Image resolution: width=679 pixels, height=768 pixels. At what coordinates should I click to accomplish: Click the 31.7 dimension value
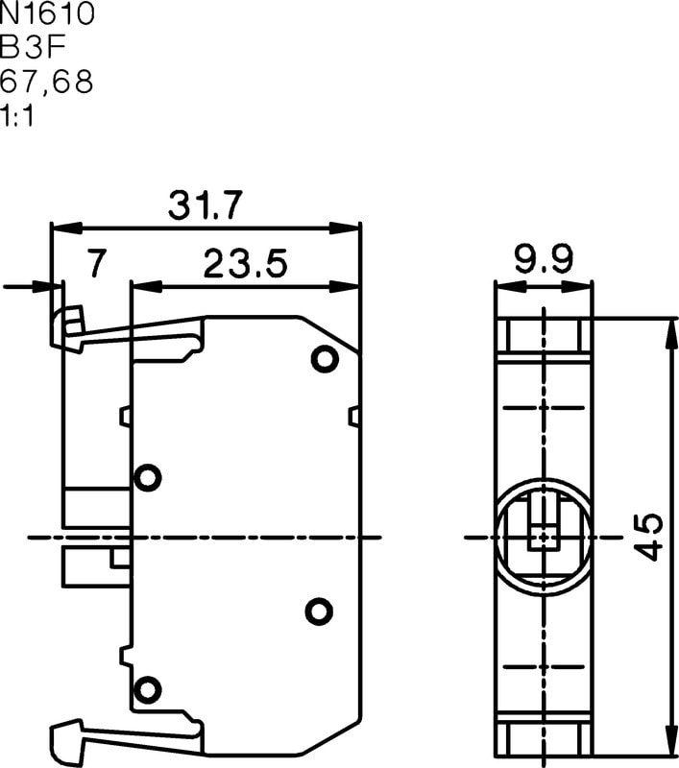tap(205, 204)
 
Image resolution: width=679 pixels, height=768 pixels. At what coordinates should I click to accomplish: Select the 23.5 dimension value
tap(246, 263)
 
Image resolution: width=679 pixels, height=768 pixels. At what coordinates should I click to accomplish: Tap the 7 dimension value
tap(96, 263)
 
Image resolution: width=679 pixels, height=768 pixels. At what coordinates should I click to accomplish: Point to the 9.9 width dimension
tap(544, 259)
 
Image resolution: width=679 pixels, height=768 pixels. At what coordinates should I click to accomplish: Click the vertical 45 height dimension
tap(648, 537)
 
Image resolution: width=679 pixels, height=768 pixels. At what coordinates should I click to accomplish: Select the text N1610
tap(47, 13)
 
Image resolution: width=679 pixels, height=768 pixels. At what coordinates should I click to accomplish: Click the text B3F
tap(33, 47)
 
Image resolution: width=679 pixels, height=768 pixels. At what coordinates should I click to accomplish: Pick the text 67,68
tap(46, 82)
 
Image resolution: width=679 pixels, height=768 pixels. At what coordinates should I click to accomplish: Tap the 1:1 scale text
tap(17, 116)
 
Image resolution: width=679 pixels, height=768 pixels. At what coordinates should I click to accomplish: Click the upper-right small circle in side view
tap(325, 359)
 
